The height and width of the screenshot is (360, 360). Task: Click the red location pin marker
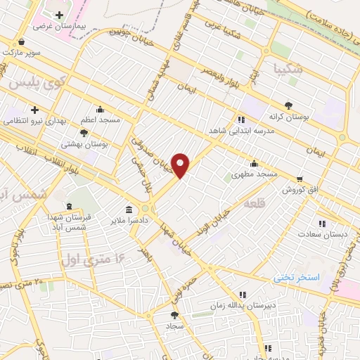point(181,166)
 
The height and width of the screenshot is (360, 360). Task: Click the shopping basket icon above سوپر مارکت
point(24,41)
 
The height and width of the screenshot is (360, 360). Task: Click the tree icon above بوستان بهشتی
point(84,132)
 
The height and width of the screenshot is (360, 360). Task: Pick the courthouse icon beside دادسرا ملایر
point(129,209)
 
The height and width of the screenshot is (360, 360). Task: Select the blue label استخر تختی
point(296,278)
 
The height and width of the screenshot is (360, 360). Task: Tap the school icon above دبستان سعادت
point(322,224)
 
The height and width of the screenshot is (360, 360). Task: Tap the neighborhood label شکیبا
point(289,69)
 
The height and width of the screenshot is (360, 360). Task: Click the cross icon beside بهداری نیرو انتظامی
point(34,110)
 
